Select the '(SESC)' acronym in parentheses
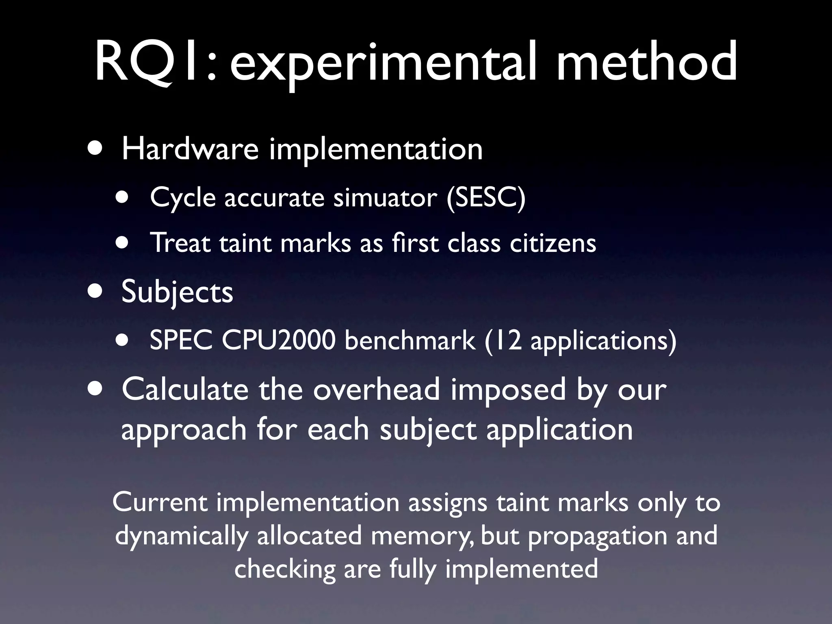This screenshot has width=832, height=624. tap(485, 198)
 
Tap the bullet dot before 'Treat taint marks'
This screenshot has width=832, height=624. tap(121, 243)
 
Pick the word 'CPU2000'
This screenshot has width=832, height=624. tap(278, 340)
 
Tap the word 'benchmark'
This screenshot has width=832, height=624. tap(409, 340)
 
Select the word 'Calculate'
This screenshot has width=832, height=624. tap(185, 389)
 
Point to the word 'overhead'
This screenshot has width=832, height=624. tap(376, 389)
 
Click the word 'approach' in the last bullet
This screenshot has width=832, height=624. tap(184, 430)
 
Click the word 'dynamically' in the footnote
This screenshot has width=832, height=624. tap(181, 535)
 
